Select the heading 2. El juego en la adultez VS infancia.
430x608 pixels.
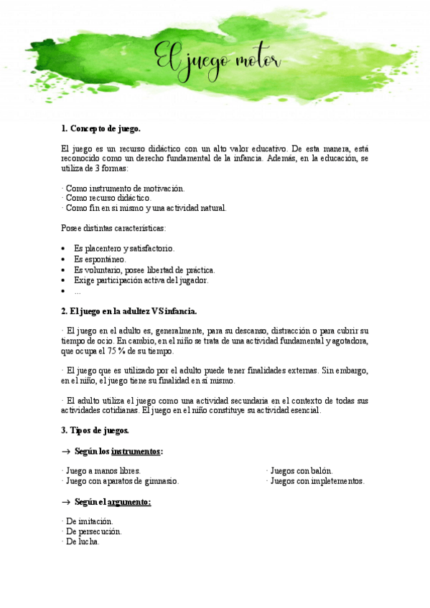[129, 311]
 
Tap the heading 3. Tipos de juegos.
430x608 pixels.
[95, 430]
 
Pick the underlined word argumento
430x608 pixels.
[130, 502]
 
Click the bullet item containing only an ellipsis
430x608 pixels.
[78, 291]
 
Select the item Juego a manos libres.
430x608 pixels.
[101, 471]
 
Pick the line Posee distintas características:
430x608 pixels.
[113, 228]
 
